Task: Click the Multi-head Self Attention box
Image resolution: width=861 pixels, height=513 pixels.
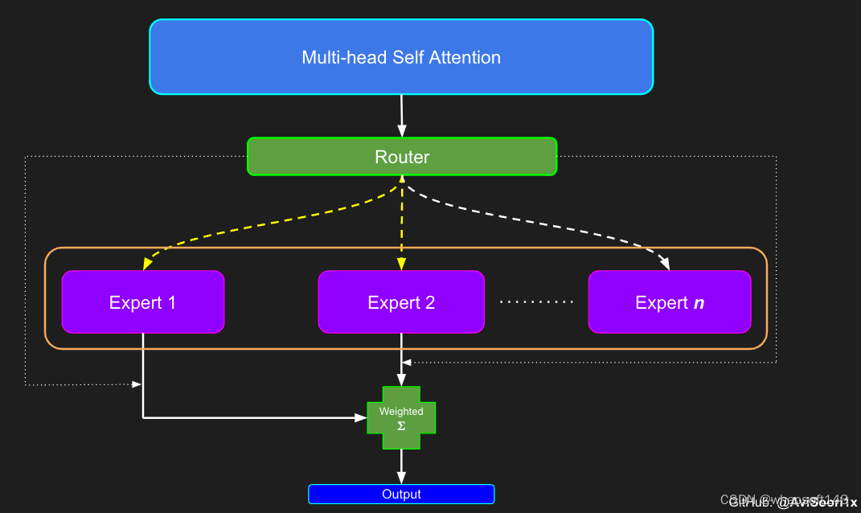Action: point(401,57)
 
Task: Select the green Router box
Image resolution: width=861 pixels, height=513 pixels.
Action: point(401,157)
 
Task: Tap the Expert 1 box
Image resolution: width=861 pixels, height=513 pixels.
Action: point(142,302)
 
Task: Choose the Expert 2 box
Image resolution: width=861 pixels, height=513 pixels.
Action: point(401,302)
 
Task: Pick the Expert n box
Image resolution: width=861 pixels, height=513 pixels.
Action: point(669,302)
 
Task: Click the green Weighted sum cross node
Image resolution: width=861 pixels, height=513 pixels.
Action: point(401,417)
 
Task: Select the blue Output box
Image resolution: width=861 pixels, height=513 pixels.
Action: point(401,494)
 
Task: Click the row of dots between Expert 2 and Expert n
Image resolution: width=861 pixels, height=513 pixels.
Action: point(536,302)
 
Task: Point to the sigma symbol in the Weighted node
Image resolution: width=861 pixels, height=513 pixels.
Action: point(401,425)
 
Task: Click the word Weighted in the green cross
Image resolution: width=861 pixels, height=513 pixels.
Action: point(401,412)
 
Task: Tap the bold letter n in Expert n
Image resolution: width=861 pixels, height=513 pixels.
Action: point(698,303)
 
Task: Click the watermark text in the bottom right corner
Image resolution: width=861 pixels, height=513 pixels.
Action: point(792,502)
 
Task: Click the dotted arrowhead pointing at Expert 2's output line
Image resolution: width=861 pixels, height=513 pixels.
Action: point(407,363)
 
